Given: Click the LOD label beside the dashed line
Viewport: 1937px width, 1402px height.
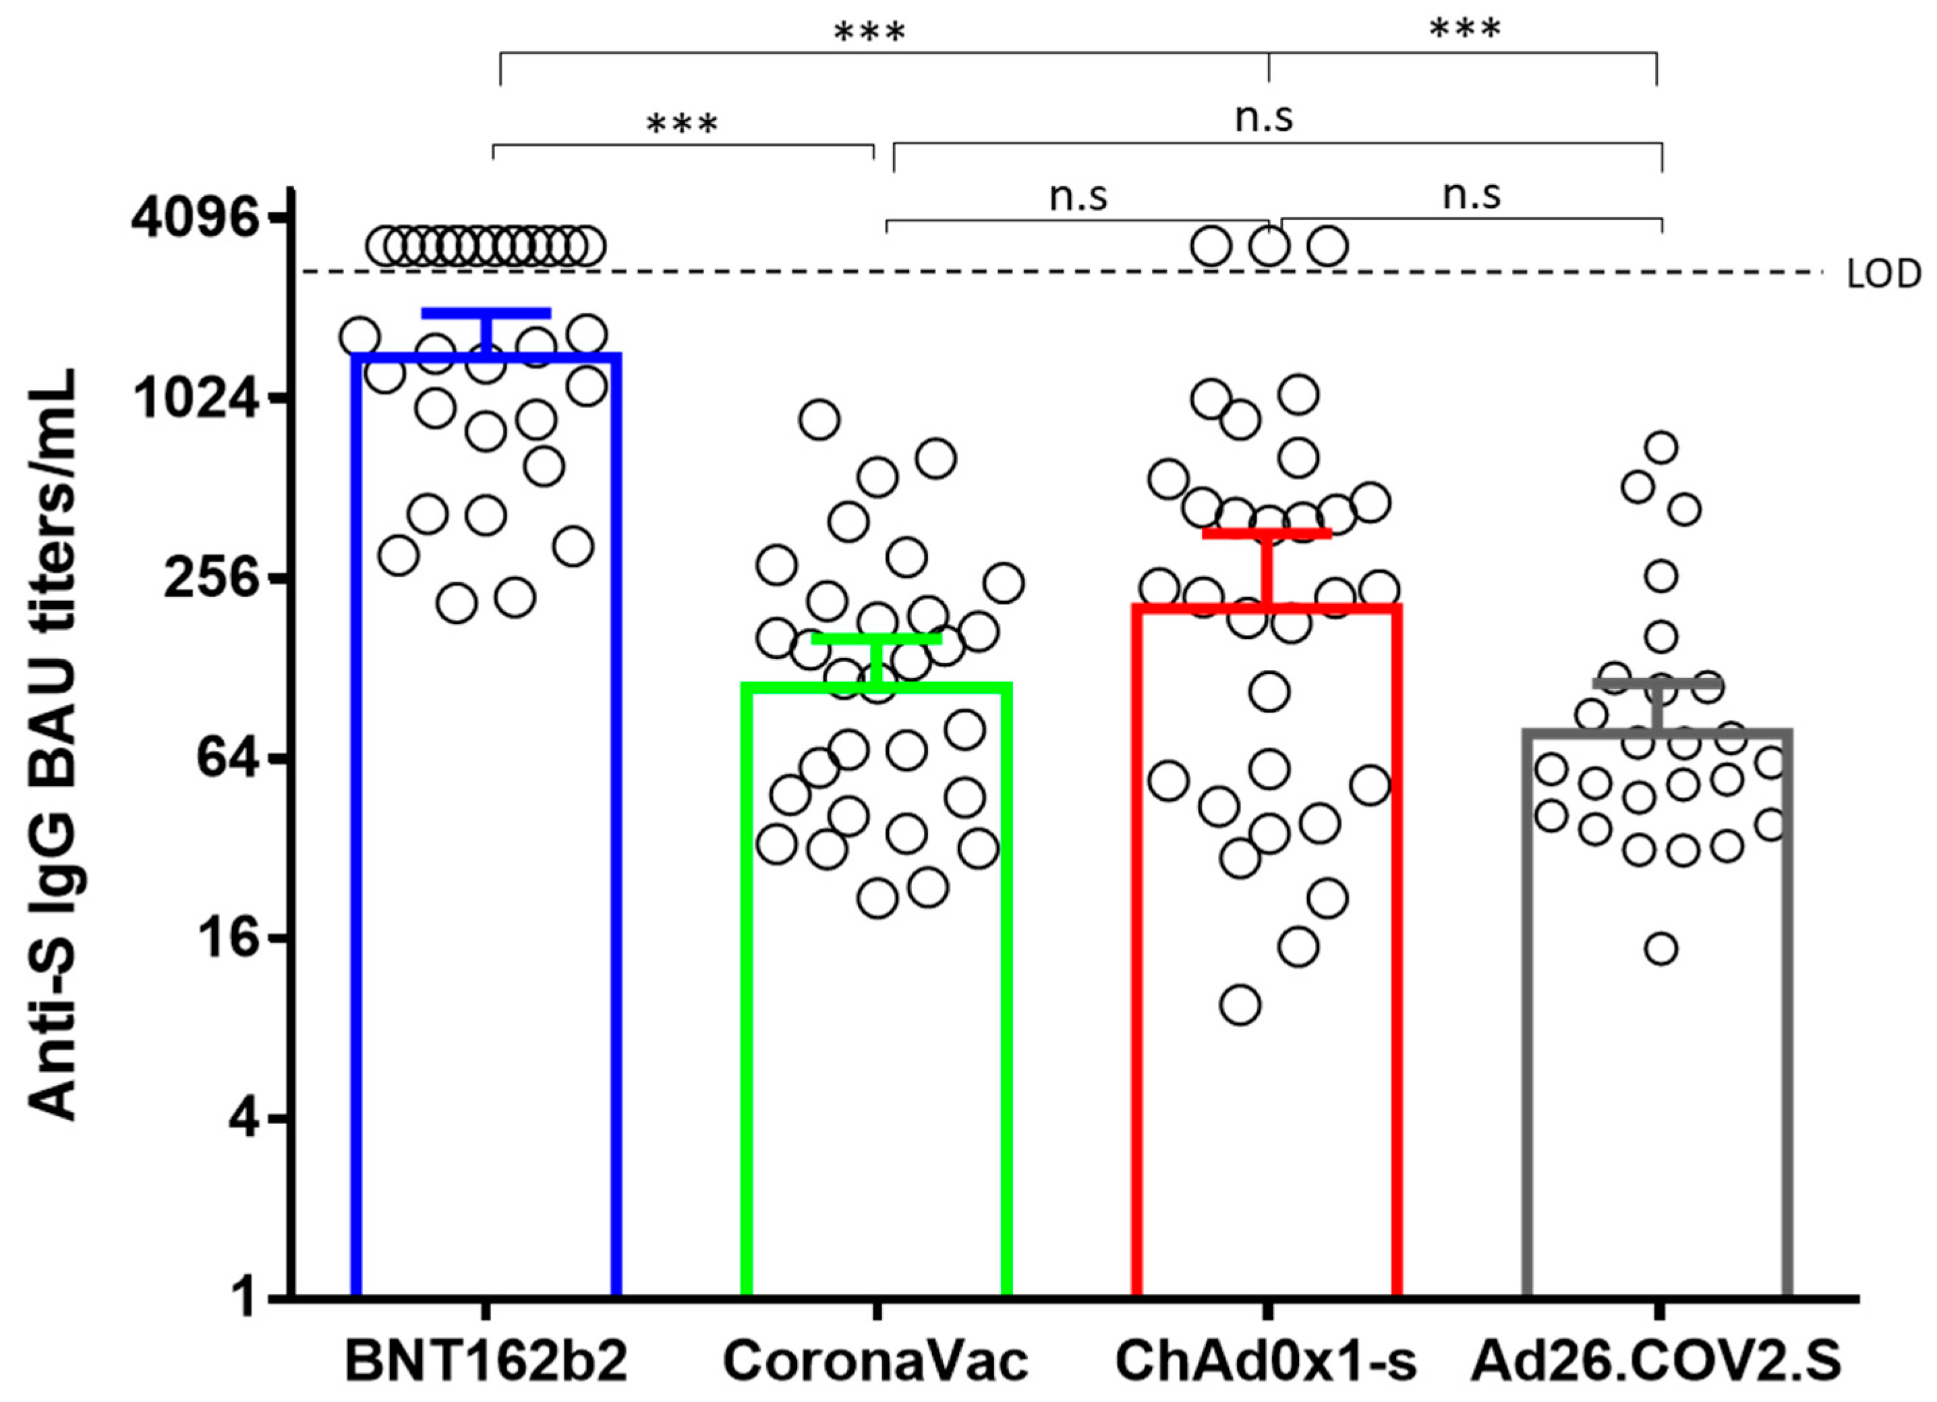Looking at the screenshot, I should (1884, 275).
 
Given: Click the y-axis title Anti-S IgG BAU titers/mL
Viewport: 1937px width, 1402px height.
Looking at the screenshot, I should (53, 744).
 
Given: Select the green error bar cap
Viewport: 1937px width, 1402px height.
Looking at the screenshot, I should (876, 638).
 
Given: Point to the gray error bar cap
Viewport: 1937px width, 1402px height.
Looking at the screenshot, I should (1658, 684).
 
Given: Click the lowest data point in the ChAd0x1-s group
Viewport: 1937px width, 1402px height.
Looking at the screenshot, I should (1240, 1005).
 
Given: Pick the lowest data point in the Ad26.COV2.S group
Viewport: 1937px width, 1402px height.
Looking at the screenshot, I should (1661, 949).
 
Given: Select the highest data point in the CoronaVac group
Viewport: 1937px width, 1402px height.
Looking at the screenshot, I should (819, 420).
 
